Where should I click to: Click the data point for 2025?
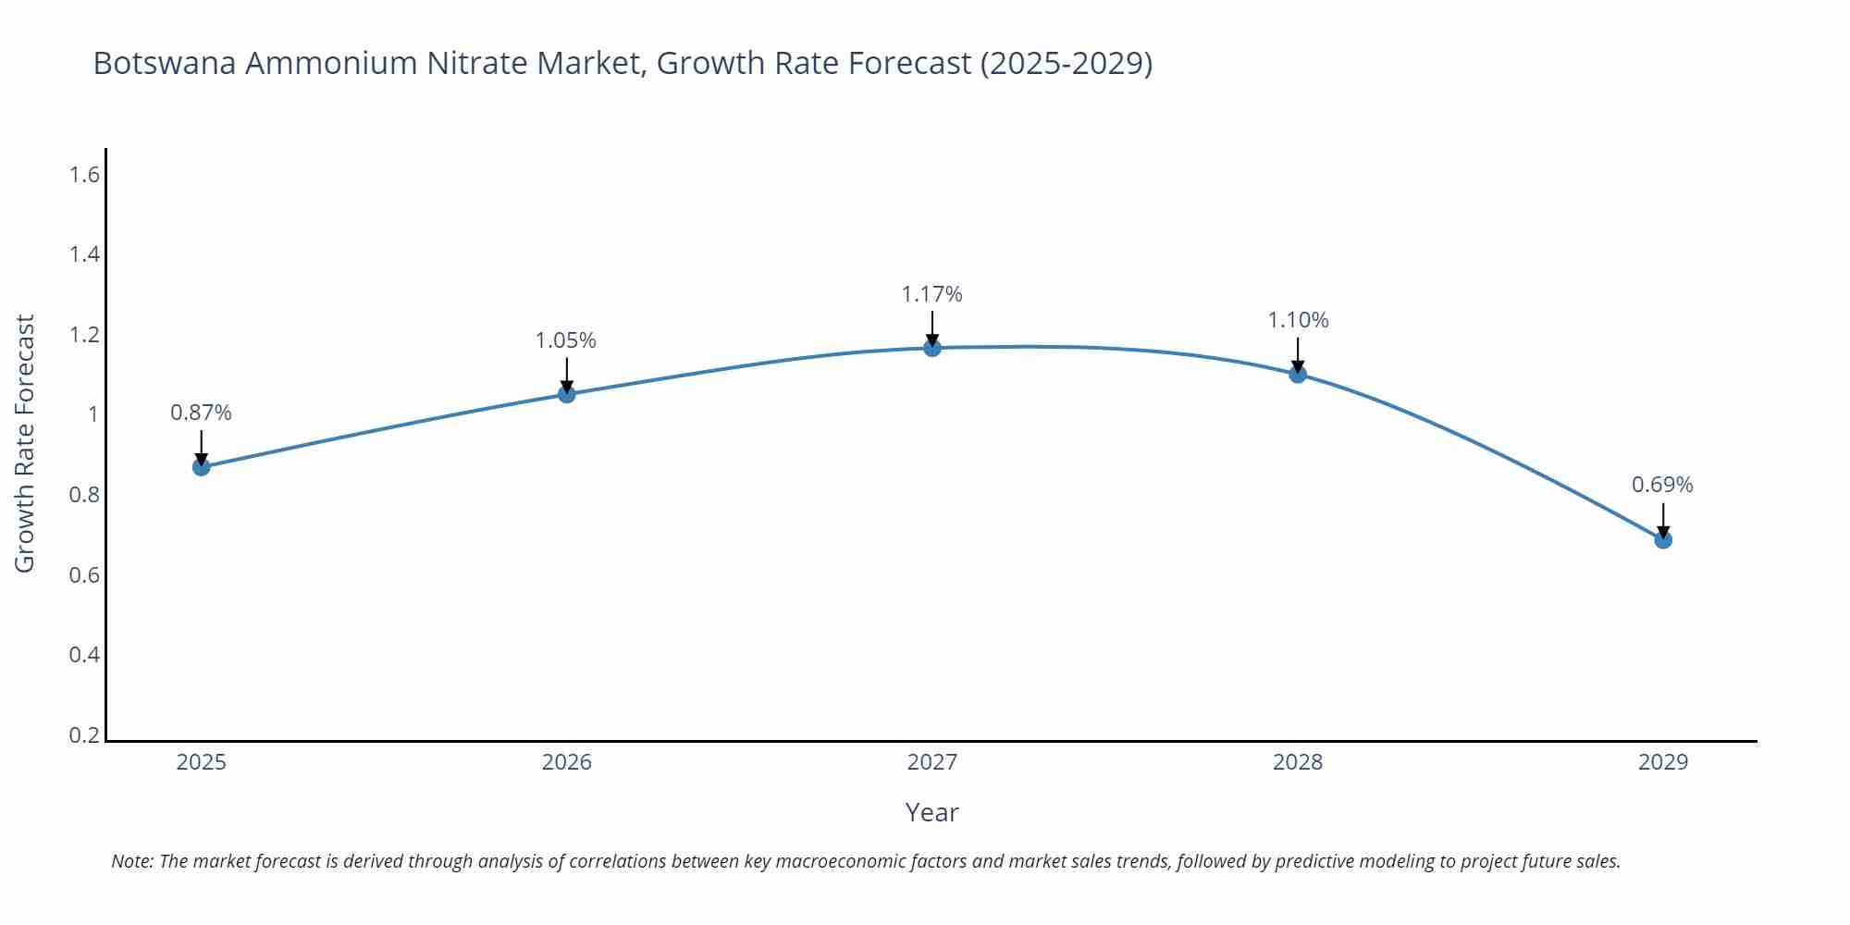tap(201, 467)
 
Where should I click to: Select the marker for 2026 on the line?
tap(567, 394)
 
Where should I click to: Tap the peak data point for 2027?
tap(932, 348)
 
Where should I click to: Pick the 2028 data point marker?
tap(1298, 374)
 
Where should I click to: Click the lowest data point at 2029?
tap(1663, 539)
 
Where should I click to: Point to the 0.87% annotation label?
tap(201, 413)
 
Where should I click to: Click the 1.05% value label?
tap(566, 340)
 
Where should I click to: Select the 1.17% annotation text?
tap(931, 294)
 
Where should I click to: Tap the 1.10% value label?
tap(1298, 320)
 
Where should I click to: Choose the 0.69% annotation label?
tap(1662, 485)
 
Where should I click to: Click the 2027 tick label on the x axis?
tap(932, 762)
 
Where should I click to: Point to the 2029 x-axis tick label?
tap(1663, 762)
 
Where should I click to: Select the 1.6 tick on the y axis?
tap(84, 174)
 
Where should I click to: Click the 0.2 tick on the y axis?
tap(84, 735)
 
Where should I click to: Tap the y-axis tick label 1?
tap(92, 414)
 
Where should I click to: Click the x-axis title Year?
tap(931, 812)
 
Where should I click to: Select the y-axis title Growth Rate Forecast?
tap(25, 443)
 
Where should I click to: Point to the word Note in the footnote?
tap(130, 861)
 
